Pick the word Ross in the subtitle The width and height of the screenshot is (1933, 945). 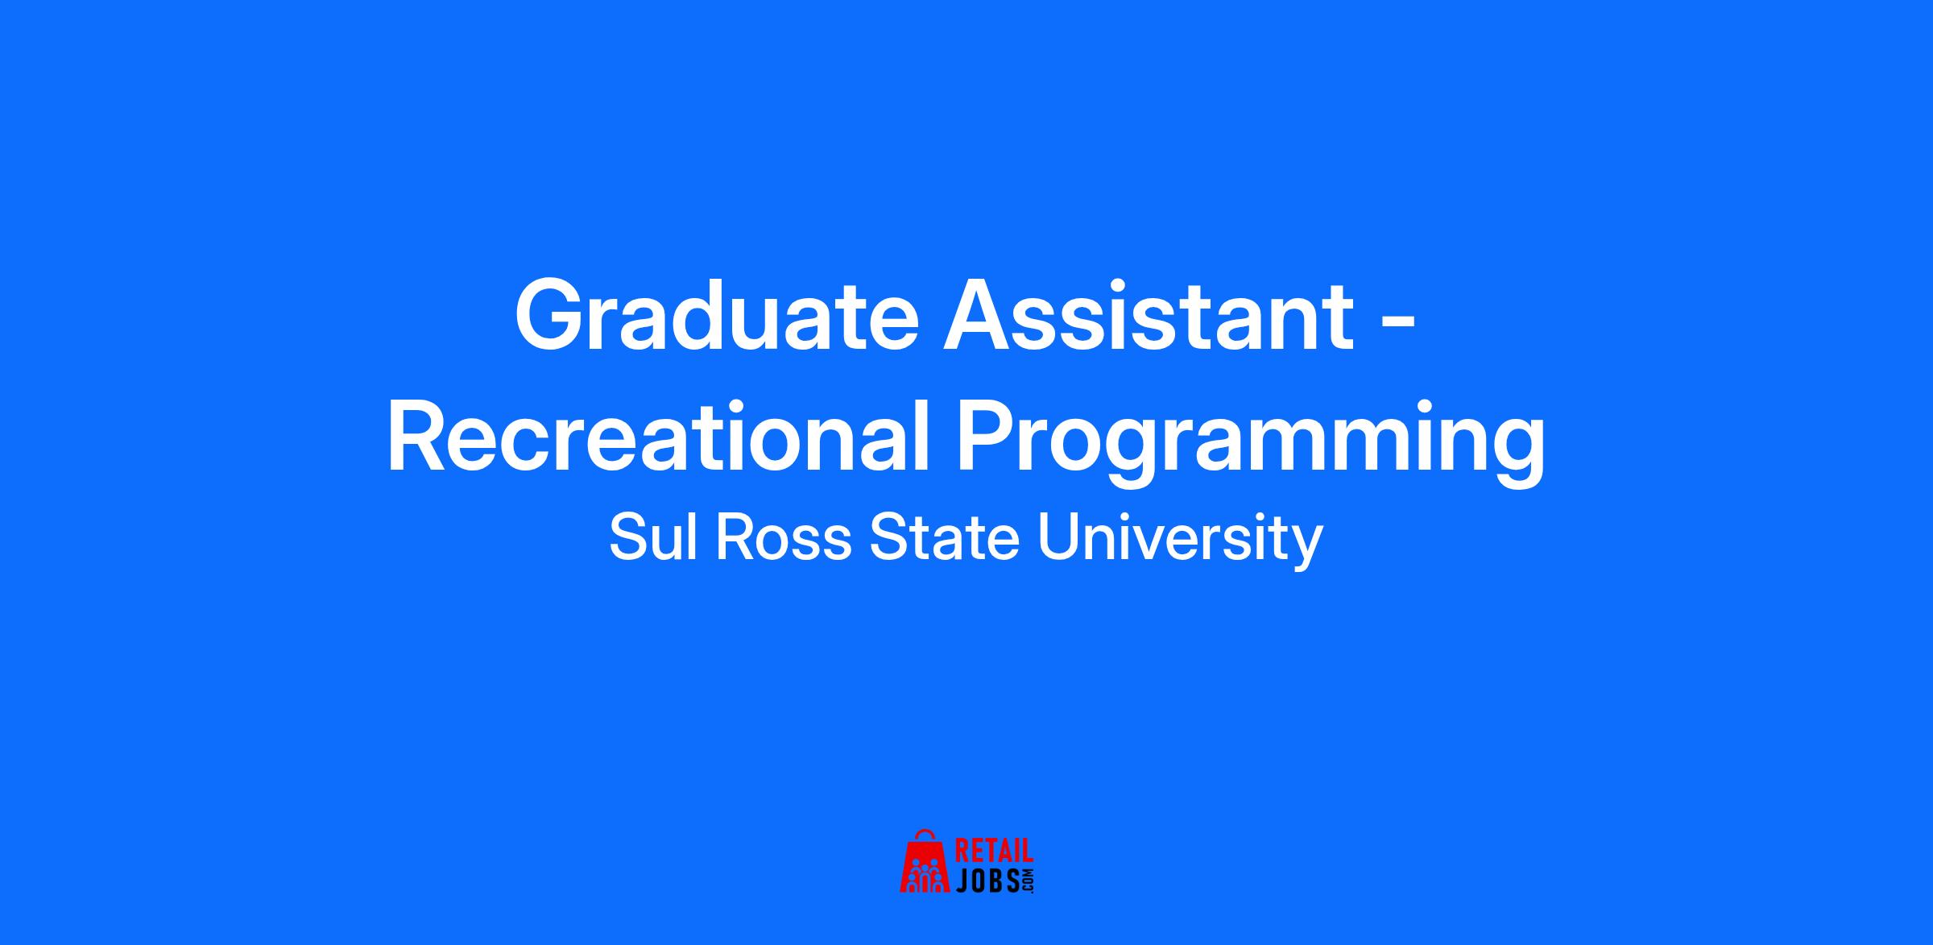point(783,539)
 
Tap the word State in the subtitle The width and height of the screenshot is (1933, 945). point(945,539)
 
